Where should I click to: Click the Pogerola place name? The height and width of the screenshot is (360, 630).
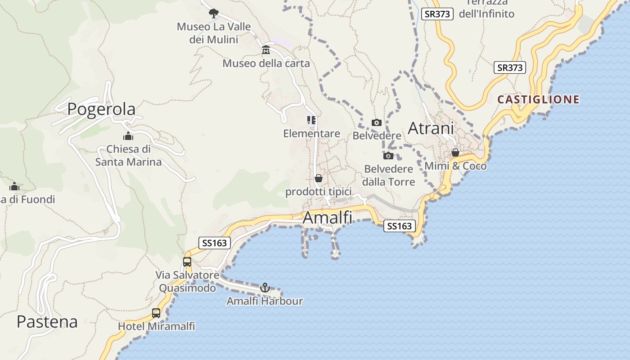101,109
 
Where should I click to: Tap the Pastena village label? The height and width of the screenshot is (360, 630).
47,322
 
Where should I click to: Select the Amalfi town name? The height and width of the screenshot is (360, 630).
327,218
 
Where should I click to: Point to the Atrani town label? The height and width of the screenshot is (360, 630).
430,128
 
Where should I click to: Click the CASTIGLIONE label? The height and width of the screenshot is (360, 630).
539,99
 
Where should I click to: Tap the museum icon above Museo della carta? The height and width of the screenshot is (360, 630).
266,49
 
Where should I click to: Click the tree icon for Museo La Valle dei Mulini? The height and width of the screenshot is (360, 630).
213,13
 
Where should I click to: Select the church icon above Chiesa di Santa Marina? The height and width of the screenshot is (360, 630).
128,136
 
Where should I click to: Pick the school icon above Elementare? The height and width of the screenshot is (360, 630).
311,120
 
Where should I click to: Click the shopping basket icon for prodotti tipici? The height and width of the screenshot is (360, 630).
319,179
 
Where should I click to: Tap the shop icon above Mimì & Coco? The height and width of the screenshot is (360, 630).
455,153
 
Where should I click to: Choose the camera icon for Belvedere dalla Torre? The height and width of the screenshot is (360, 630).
388,156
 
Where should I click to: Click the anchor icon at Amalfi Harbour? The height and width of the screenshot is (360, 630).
265,287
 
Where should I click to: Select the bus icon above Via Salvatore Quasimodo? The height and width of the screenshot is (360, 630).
187,261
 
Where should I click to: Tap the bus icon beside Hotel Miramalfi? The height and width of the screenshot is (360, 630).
156,313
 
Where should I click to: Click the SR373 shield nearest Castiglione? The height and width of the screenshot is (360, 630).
510,67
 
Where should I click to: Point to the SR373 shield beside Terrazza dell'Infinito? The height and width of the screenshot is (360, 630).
437,14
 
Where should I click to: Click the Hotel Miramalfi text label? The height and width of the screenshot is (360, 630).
157,326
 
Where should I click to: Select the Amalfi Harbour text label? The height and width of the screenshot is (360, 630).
265,301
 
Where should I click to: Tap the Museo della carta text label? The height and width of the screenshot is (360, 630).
266,63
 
